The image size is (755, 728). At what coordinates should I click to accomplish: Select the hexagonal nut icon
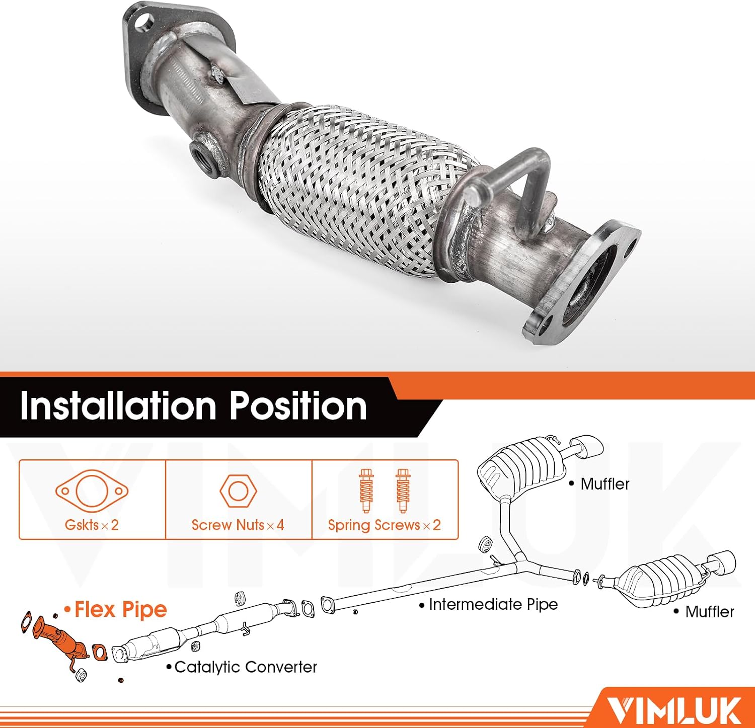(x=238, y=491)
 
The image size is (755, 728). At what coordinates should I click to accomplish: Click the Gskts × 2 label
(x=92, y=525)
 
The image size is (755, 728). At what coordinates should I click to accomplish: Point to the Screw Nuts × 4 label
(x=238, y=525)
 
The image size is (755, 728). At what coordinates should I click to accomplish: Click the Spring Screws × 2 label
(x=384, y=525)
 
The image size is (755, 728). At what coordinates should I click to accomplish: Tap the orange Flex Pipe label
(x=120, y=610)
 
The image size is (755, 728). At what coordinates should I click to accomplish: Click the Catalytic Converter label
(x=246, y=667)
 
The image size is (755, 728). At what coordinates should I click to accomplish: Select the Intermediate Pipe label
(x=493, y=604)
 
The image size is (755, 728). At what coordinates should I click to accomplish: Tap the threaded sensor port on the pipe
(x=203, y=158)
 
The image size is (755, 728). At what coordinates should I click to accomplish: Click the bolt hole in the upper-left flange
(x=145, y=23)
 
